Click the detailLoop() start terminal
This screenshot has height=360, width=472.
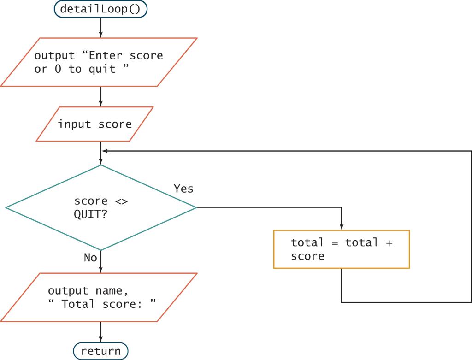pos(100,9)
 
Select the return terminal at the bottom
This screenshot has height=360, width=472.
pos(100,351)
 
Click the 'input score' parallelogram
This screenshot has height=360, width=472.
pos(94,124)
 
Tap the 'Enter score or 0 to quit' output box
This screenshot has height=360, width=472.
pos(99,62)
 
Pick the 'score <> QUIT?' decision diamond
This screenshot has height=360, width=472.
pos(100,207)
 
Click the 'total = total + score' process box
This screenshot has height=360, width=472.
pos(341,249)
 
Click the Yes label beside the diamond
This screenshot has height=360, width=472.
pos(183,189)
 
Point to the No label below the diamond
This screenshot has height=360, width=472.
pos(90,258)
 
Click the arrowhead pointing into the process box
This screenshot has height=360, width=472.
pos(341,227)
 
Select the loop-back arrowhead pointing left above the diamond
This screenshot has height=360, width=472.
pos(104,151)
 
